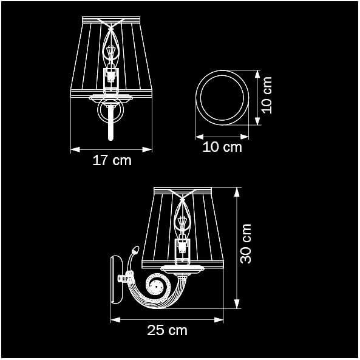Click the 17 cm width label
(x=112, y=161)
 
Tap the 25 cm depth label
(x=167, y=330)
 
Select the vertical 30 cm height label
(x=246, y=243)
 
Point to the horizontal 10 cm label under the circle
(x=222, y=147)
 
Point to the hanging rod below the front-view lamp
(x=111, y=121)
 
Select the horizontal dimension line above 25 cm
(x=167, y=318)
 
